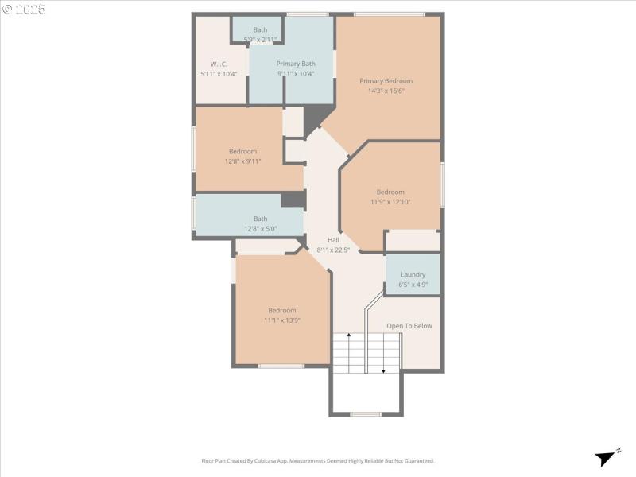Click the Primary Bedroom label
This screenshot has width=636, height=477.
386,80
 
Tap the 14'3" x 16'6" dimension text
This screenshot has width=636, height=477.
386,91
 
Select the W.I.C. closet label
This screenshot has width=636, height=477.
219,64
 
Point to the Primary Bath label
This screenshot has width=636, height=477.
296,64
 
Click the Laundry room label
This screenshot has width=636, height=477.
413,274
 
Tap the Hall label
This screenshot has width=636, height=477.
333,239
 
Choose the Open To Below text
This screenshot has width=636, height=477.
409,326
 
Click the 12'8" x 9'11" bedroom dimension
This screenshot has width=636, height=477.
243,161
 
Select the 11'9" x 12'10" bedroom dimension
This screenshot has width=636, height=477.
390,202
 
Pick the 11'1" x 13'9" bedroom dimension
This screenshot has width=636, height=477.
281,320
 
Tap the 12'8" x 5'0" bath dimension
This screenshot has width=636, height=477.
261,229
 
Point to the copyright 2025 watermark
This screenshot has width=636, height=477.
23,9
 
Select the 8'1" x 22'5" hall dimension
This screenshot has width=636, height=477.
333,250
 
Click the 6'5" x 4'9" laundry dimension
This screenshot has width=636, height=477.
413,285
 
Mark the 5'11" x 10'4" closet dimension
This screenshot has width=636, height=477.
219,74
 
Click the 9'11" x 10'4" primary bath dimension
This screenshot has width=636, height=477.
296,74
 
